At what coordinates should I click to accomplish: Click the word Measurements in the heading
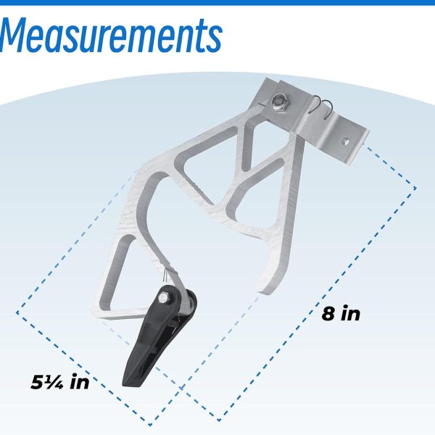coord(111,36)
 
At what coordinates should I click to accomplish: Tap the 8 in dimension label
coord(341,313)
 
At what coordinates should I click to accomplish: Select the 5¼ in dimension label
coord(60,381)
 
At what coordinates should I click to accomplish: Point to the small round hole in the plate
coord(347,142)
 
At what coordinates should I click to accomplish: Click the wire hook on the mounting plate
coord(322,107)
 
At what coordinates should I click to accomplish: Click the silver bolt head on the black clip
coord(162,299)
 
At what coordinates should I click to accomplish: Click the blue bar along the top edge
coord(217,2)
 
